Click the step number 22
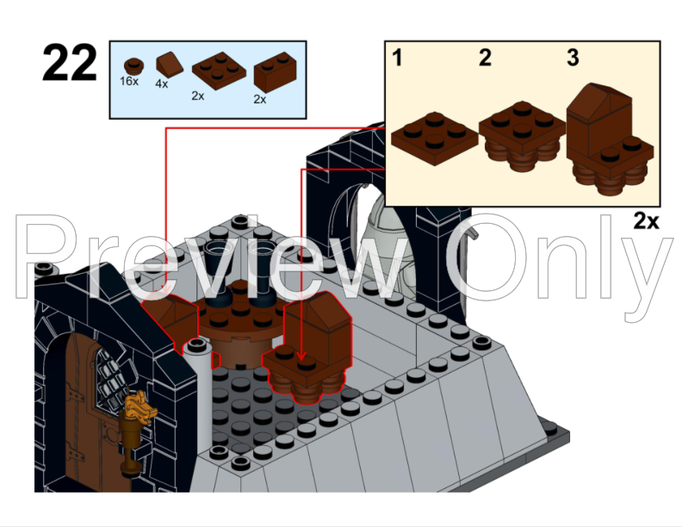coord(70,65)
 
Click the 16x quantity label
coord(130,81)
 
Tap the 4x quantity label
coord(162,84)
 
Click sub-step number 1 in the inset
coord(398,59)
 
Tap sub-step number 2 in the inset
coord(486,59)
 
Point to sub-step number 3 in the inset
coord(573,59)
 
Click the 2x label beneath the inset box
coord(646,221)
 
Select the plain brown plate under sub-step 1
coord(435,136)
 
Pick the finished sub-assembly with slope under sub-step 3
coord(607,142)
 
